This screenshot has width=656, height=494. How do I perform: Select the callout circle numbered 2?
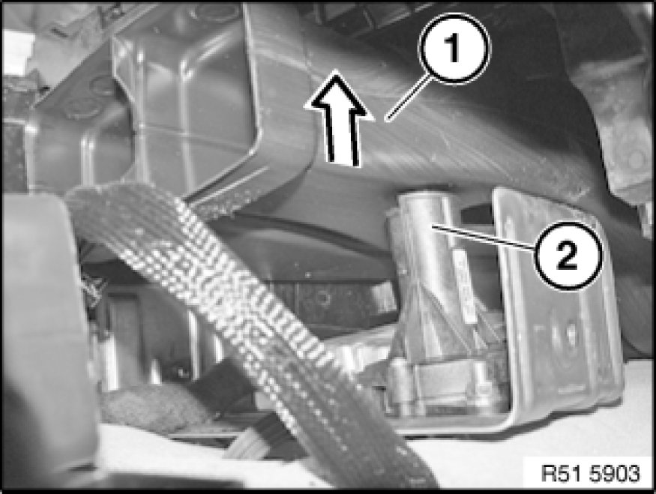coord(568,255)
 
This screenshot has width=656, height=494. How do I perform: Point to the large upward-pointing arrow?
coord(340,119)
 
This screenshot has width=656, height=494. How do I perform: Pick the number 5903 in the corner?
coord(616,474)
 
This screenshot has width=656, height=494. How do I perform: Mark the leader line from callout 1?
coord(408,97)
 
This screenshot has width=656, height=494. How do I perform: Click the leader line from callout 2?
coord(484,237)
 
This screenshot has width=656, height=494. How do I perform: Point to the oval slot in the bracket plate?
coord(570,334)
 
